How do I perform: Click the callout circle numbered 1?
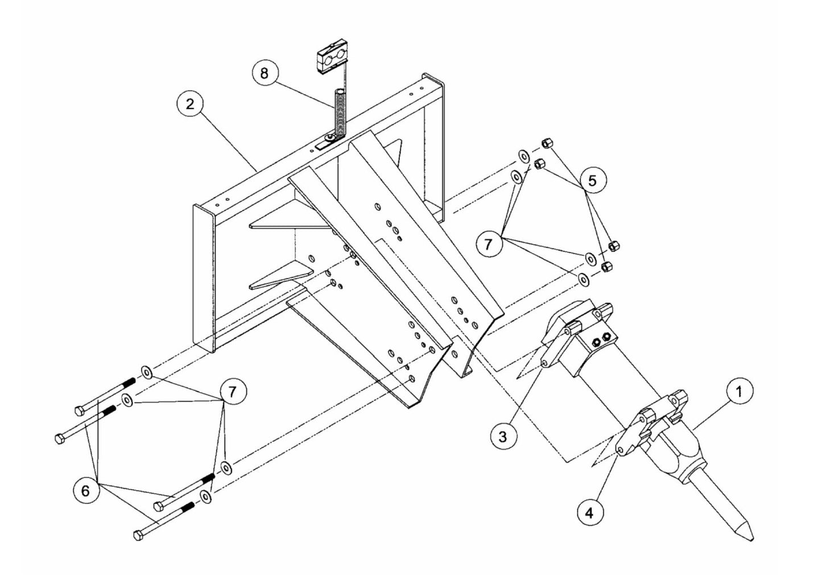(739, 392)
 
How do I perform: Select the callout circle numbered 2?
(189, 104)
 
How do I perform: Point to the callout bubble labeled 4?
(589, 512)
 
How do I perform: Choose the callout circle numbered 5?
(593, 181)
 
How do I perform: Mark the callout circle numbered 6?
(86, 490)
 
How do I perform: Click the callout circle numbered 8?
(265, 74)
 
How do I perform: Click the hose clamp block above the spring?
(329, 58)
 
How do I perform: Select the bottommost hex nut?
(606, 266)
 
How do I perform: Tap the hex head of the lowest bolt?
(138, 536)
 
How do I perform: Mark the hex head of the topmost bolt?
(79, 410)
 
